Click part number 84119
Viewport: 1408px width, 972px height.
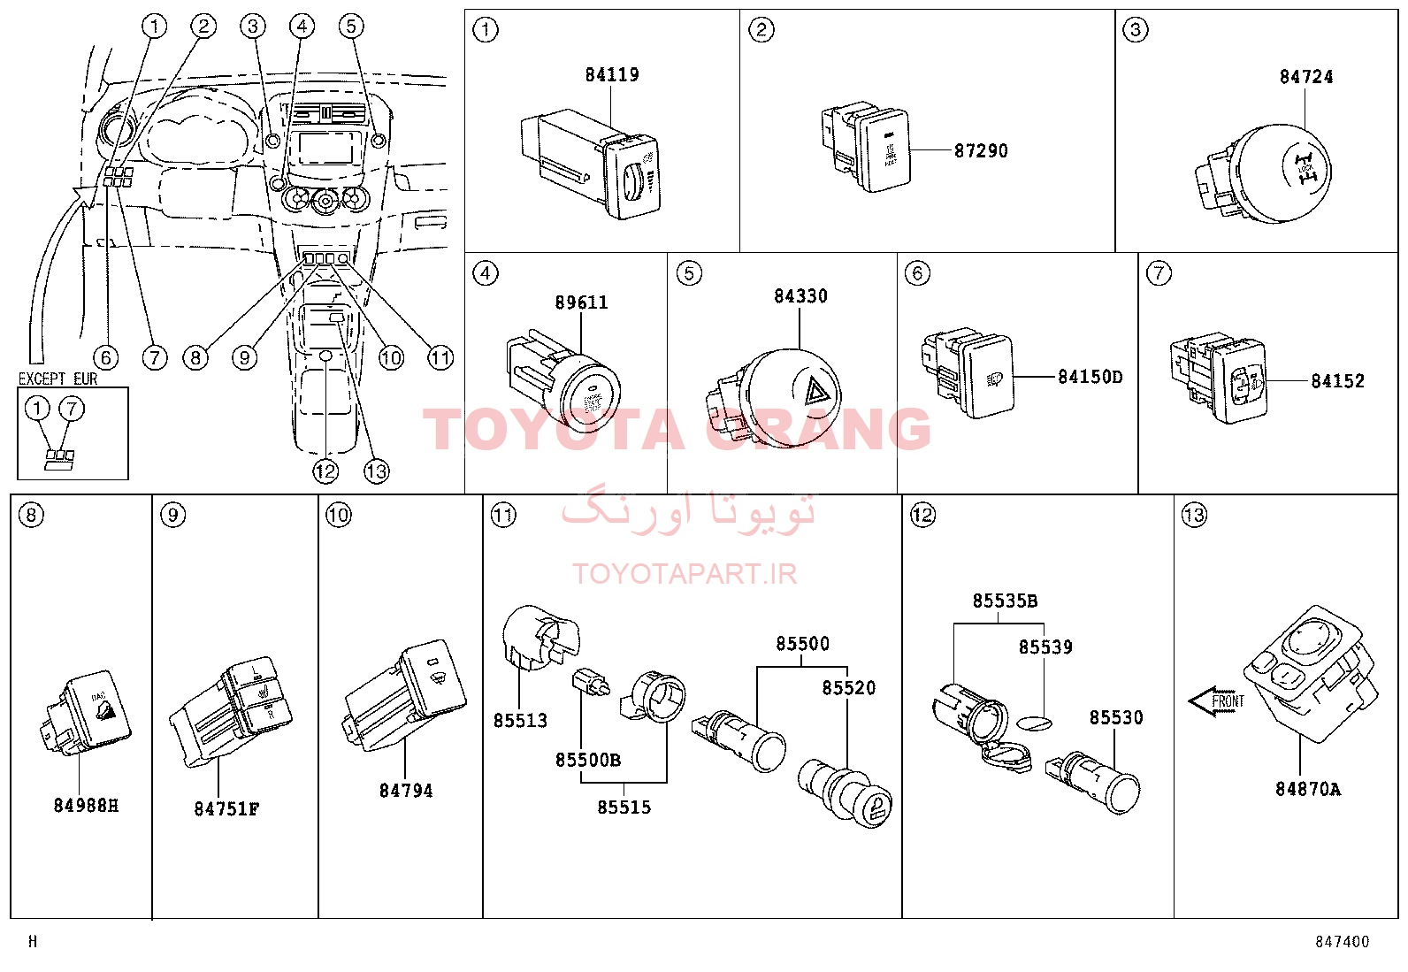click(611, 75)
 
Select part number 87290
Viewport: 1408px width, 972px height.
click(981, 151)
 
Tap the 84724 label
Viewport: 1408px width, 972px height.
click(1305, 77)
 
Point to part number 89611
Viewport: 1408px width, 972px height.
click(581, 302)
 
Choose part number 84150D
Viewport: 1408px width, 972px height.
click(1090, 378)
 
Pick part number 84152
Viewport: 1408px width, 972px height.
click(1337, 381)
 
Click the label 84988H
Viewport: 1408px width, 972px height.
click(86, 806)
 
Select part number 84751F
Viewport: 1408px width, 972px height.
click(226, 809)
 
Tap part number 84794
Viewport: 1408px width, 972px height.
click(406, 792)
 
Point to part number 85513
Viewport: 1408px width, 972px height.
click(520, 721)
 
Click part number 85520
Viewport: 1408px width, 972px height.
click(848, 688)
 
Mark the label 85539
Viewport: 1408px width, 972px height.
click(1045, 647)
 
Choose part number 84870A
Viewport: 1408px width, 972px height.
click(1307, 789)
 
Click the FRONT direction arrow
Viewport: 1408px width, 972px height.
click(1216, 702)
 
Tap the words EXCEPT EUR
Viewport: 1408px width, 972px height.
click(57, 379)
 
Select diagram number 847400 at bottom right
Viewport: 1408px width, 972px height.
click(1342, 943)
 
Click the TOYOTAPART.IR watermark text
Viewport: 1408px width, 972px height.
click(685, 574)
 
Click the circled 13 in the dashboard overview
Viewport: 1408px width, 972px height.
click(376, 471)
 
